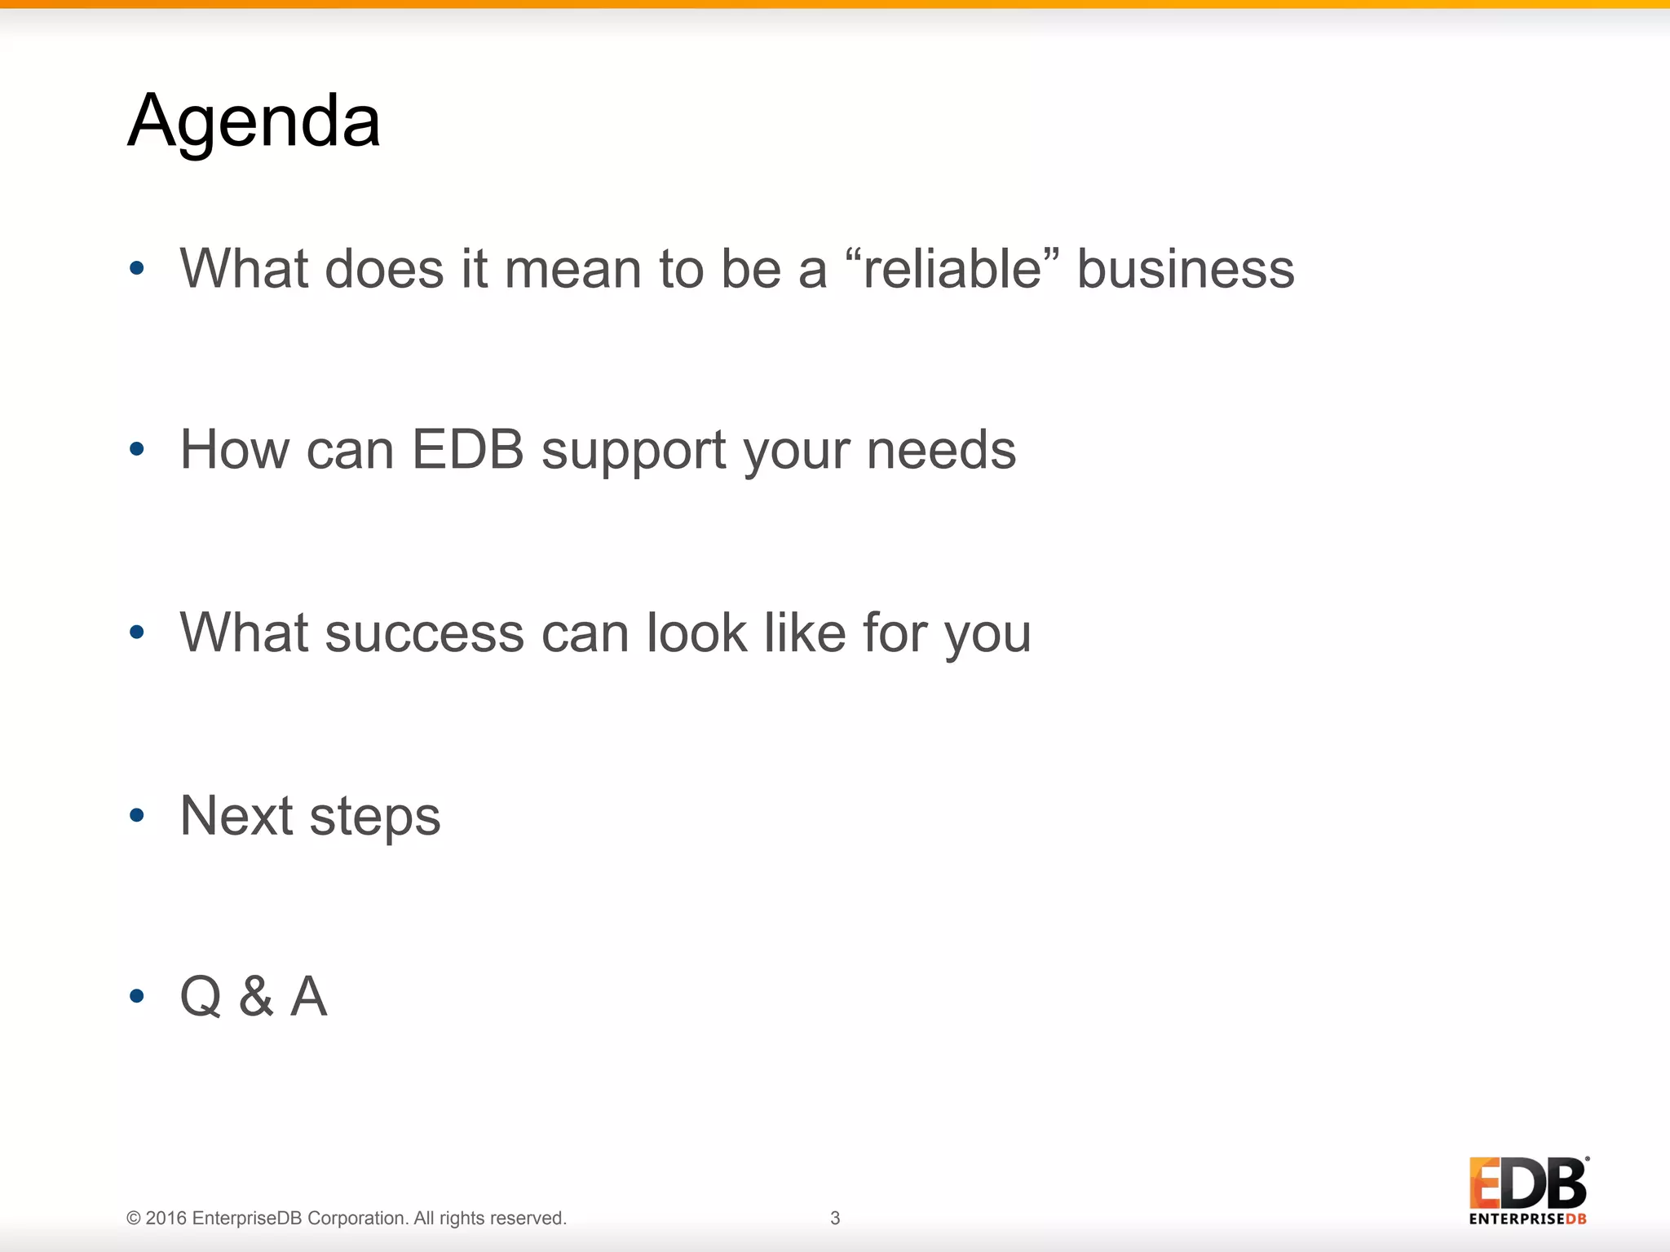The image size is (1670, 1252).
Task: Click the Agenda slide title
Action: [254, 121]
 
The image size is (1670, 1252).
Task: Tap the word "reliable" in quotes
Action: [952, 269]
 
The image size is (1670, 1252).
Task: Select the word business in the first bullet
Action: [1186, 269]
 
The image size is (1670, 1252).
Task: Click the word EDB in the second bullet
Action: [467, 449]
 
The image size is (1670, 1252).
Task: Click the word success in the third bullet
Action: [424, 633]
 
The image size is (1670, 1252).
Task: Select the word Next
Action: [236, 815]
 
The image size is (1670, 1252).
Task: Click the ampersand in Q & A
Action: [256, 996]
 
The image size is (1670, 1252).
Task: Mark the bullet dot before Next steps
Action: [137, 815]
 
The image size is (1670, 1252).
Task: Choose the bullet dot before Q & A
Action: [137, 996]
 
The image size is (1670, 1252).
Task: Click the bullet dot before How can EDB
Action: [137, 449]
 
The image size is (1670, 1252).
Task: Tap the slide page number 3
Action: [835, 1218]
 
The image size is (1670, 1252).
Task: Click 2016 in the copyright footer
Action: [166, 1218]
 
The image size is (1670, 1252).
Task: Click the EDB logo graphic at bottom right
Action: [1527, 1184]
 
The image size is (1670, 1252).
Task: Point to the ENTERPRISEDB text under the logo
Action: [1527, 1219]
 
